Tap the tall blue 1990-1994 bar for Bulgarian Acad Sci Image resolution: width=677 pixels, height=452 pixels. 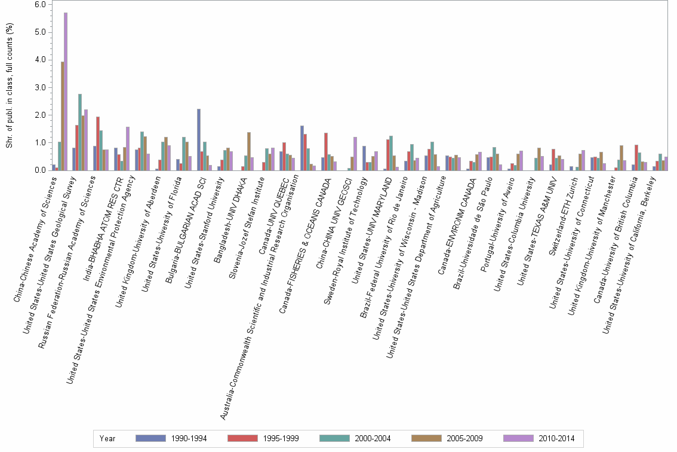click(199, 140)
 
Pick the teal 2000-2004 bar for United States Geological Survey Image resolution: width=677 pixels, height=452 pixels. click(79, 132)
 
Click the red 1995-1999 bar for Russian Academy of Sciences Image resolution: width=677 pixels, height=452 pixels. click(98, 143)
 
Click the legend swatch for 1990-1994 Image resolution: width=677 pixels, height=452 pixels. click(150, 438)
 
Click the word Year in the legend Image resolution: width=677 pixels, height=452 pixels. click(107, 439)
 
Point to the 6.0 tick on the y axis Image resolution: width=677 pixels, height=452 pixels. click(40, 4)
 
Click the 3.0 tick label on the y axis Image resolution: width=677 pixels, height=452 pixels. click(40, 87)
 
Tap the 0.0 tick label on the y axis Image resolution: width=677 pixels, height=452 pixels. click(40, 170)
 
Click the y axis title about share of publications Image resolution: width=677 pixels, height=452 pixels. click(8, 87)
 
